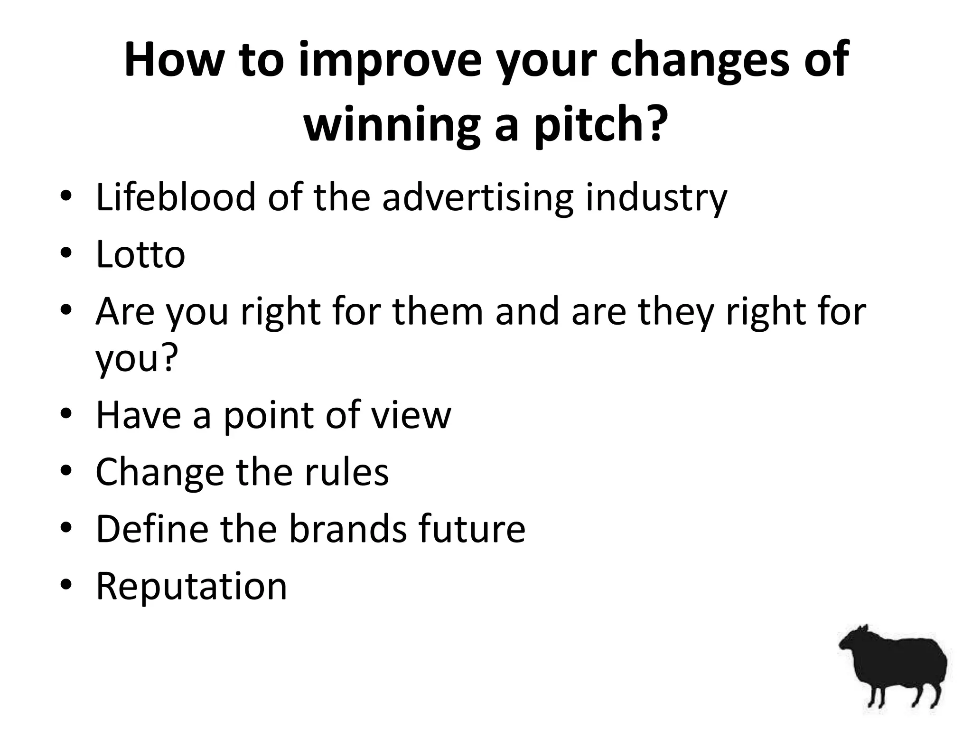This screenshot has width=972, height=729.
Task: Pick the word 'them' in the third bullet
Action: [438, 311]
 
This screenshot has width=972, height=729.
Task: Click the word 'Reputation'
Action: [191, 586]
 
